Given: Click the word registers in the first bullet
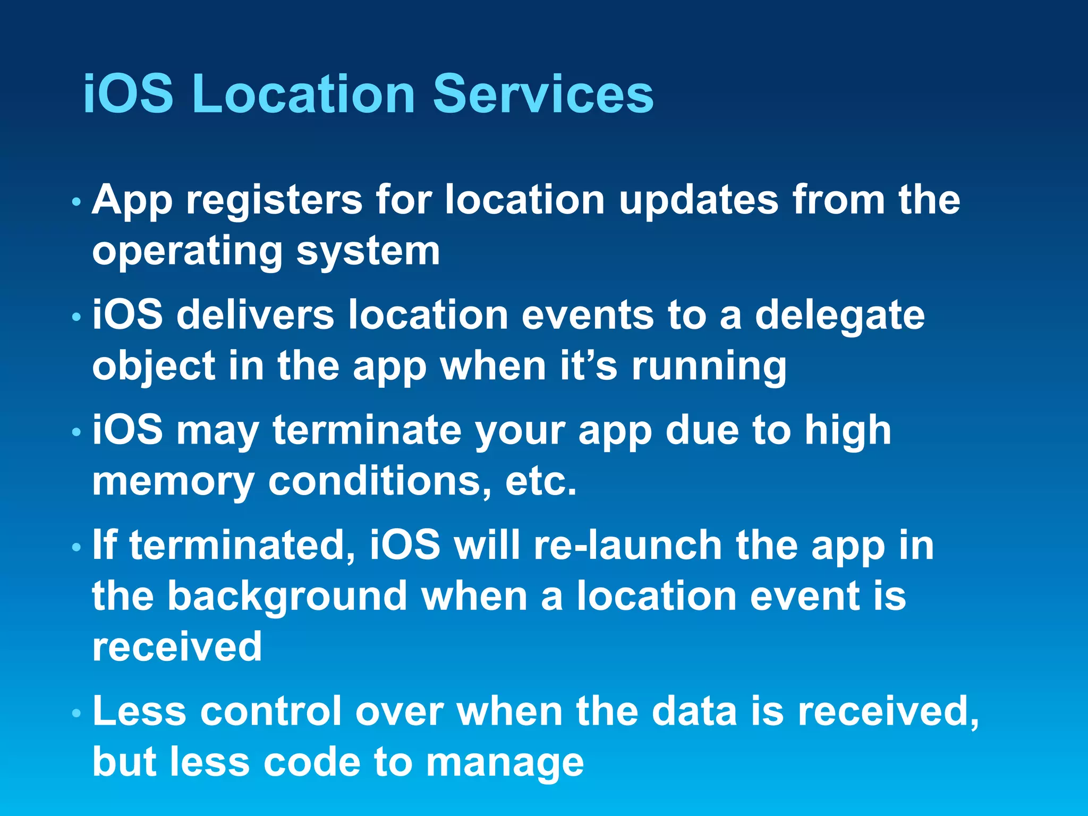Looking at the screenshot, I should point(274,200).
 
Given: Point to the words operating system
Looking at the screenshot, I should point(266,251).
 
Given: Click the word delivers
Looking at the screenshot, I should point(255,315).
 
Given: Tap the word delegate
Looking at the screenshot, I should point(840,315).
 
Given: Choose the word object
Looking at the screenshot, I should point(154,367).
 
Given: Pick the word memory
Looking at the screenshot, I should point(173,481).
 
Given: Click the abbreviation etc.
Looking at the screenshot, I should point(540,481).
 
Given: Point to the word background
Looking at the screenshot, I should point(287,596).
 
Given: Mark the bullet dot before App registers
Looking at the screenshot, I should point(76,202).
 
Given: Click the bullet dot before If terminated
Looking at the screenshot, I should point(76,547).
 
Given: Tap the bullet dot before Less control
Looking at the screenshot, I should point(76,713).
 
